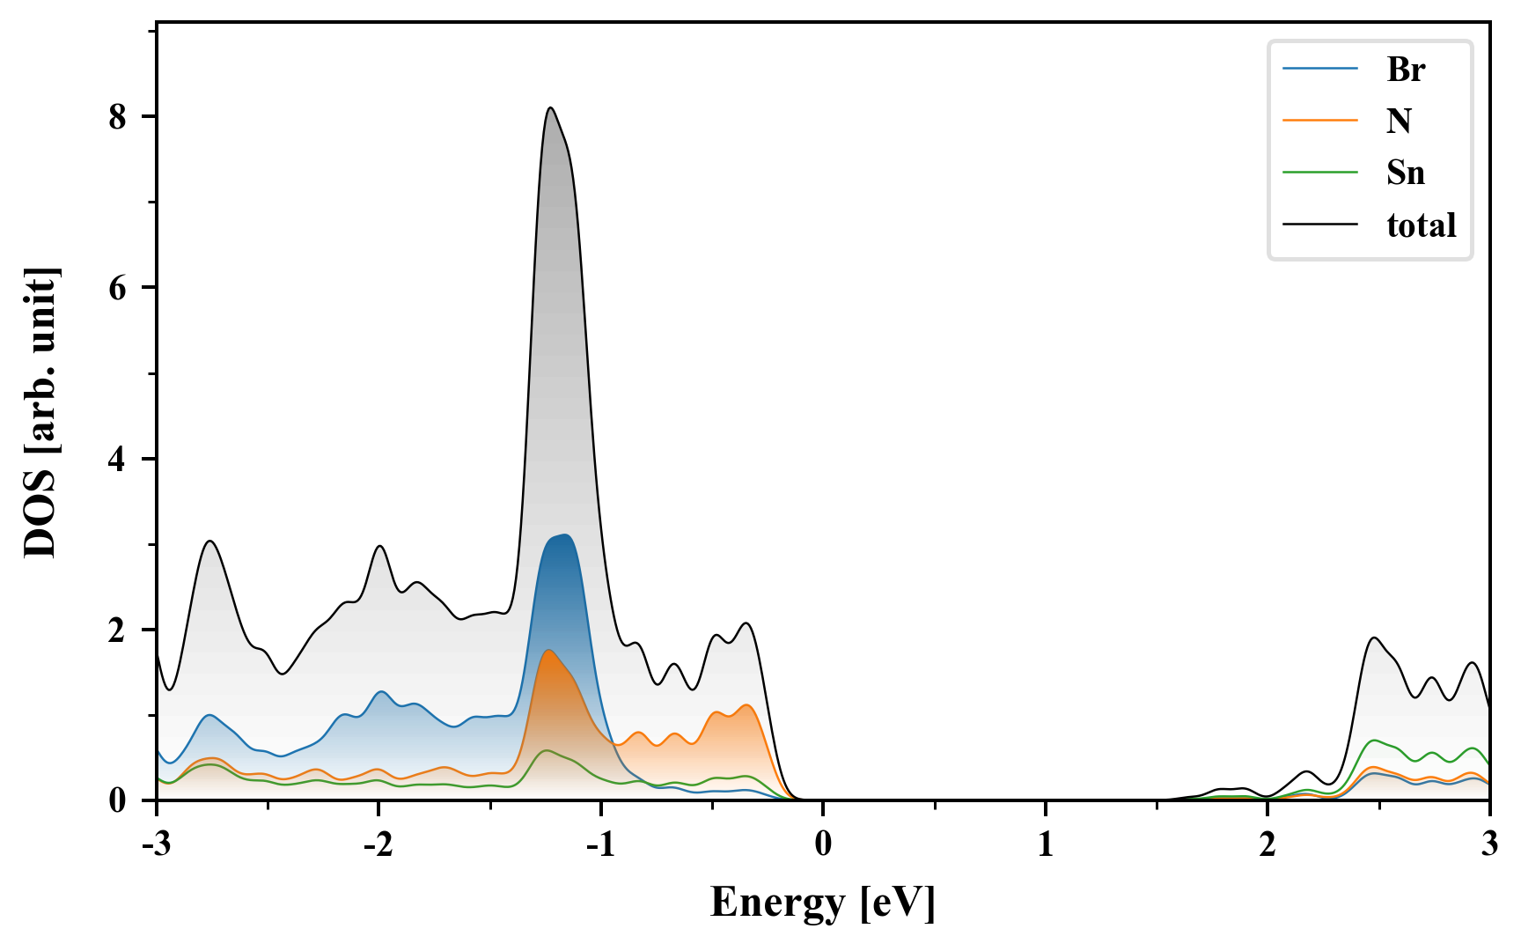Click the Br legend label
tap(1405, 70)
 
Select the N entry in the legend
tap(1399, 121)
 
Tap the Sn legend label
tap(1405, 173)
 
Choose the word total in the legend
tap(1421, 225)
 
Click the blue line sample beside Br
tap(1319, 70)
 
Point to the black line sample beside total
tap(1319, 225)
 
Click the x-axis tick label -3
tap(156, 844)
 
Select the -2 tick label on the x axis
tap(378, 844)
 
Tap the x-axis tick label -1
tap(599, 844)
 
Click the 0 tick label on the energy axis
tap(823, 844)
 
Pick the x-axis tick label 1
tap(1045, 844)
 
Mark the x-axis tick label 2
tap(1267, 844)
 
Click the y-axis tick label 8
tap(118, 117)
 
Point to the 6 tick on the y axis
tap(118, 288)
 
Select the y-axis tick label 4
tap(118, 460)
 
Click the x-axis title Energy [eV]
tap(823, 903)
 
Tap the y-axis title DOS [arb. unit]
tap(40, 412)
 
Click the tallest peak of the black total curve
tap(550, 107)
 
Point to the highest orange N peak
tap(548, 650)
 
